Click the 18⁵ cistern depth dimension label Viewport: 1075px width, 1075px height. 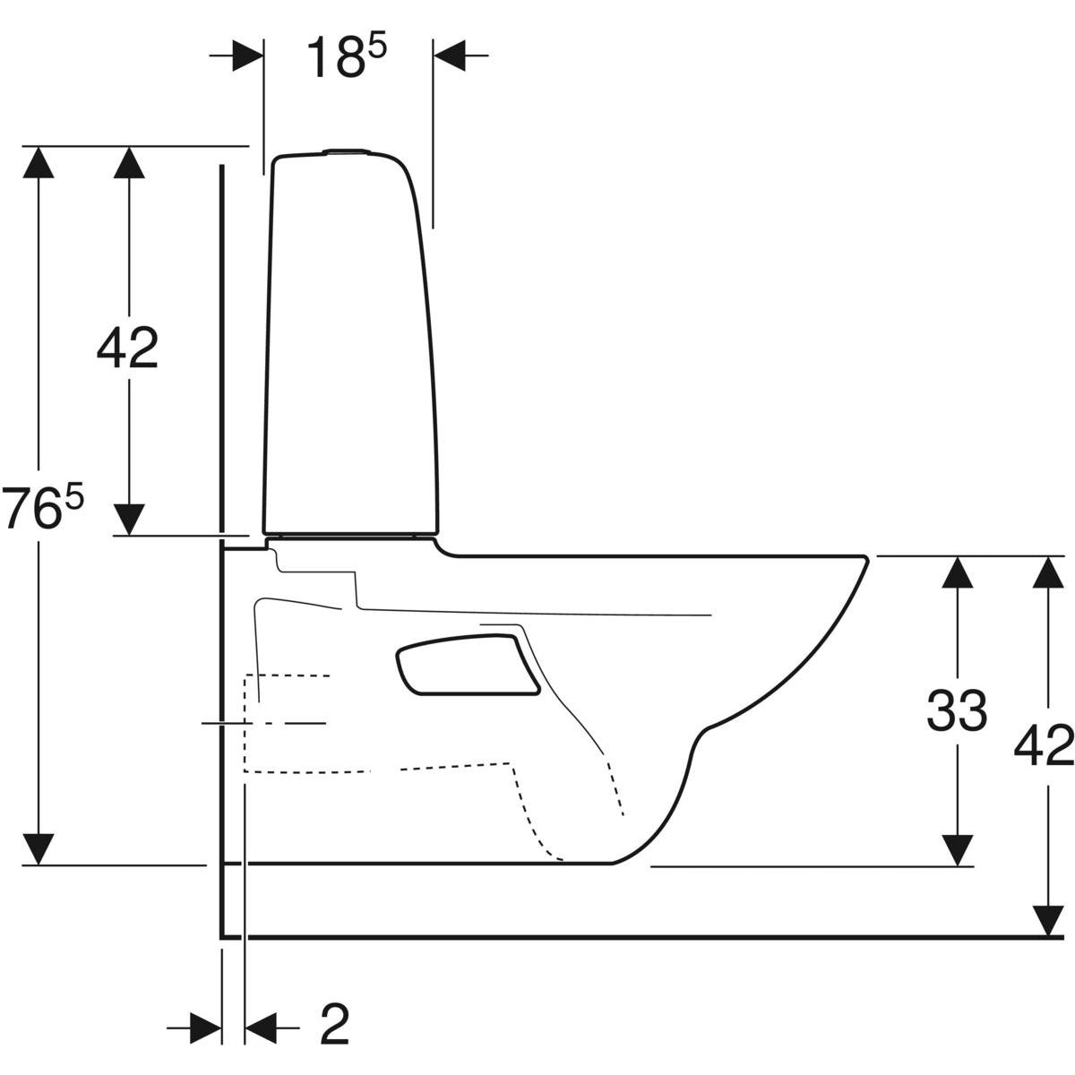tap(347, 57)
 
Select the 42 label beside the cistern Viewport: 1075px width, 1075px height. tap(128, 348)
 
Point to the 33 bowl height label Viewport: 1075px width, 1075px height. tap(958, 710)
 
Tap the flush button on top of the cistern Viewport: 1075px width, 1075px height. tap(347, 150)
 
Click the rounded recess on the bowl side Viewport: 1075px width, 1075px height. tap(467, 665)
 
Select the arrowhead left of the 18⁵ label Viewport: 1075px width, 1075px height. tap(247, 56)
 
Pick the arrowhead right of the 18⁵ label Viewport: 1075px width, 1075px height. tap(449, 56)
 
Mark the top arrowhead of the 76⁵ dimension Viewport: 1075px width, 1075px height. tap(39, 162)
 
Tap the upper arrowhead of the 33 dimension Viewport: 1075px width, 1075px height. tap(958, 572)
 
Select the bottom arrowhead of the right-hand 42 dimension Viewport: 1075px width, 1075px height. tap(1047, 920)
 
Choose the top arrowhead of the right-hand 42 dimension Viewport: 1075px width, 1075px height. tap(1047, 572)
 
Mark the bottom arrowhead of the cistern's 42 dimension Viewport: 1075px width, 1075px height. tap(129, 520)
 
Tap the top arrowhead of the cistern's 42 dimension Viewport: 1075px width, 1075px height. tap(129, 162)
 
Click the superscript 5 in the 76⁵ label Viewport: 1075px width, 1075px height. tap(74, 497)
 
